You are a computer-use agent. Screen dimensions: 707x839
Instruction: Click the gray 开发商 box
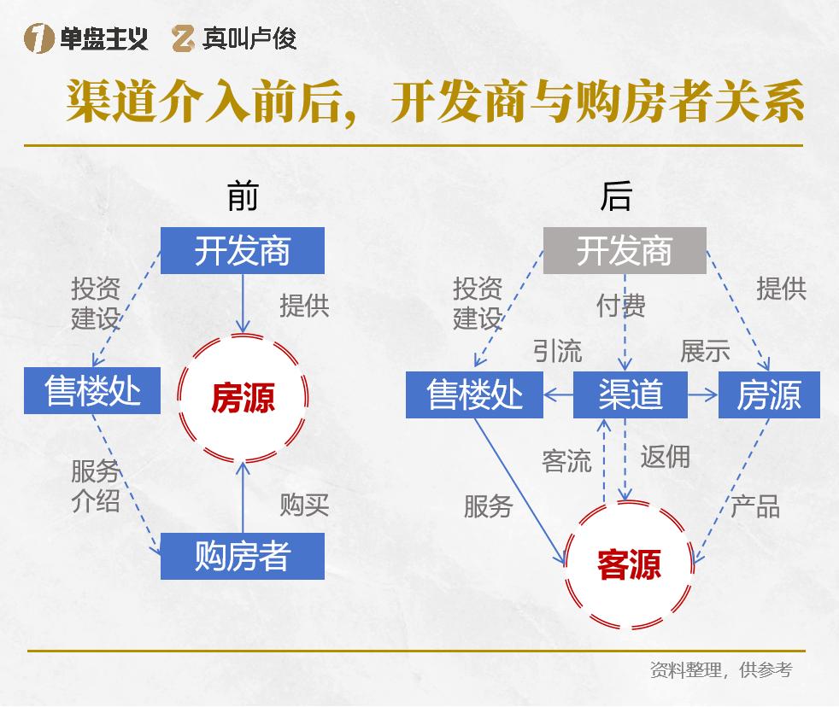pos(625,251)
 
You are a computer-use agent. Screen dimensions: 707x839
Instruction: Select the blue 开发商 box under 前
pos(243,251)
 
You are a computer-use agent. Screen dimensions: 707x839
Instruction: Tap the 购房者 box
pos(243,556)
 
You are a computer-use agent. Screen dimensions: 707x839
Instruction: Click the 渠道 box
pos(630,394)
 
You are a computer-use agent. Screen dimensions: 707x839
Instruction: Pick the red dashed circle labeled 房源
pos(243,398)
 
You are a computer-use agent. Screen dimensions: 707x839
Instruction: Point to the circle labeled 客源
pos(630,564)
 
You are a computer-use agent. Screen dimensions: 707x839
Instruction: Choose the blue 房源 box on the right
pos(769,394)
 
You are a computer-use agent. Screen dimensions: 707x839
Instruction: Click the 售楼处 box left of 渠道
pos(474,394)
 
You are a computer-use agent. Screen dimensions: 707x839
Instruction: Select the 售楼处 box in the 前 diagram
pos(92,391)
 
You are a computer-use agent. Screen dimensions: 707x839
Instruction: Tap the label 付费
pos(621,305)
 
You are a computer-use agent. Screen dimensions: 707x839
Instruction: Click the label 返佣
pos(665,457)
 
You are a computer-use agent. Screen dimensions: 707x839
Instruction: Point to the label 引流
pos(557,350)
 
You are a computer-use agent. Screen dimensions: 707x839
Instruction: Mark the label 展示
pos(705,350)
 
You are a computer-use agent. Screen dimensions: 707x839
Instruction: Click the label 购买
pos(304,505)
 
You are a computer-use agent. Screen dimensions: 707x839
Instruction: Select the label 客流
pos(566,462)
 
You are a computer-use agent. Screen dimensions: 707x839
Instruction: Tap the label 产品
pos(755,506)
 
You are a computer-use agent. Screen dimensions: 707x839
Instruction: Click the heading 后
pos(616,197)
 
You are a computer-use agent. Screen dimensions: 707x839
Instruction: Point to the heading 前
pos(243,197)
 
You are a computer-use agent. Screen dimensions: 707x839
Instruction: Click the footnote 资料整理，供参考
pos(720,670)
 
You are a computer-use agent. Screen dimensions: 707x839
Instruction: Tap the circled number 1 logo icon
pos(38,38)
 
